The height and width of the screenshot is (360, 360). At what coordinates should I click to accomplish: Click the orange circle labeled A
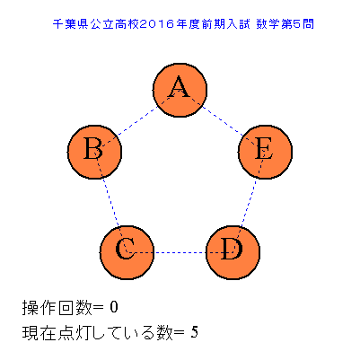(x=180, y=90)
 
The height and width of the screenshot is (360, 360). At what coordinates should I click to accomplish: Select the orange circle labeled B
(x=94, y=152)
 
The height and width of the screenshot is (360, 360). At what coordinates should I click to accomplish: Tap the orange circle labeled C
(x=127, y=252)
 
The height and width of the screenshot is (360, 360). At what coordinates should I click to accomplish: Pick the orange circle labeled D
(x=233, y=252)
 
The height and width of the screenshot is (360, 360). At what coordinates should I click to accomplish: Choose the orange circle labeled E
(x=265, y=152)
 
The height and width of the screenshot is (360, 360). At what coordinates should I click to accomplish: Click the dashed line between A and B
(x=137, y=121)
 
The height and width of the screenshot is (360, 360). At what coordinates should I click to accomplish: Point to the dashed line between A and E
(x=223, y=121)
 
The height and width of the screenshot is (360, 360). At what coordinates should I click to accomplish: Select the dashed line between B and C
(x=110, y=202)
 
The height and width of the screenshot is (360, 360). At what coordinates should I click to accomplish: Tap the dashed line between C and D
(x=180, y=252)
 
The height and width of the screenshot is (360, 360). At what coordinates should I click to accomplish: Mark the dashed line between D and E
(x=249, y=202)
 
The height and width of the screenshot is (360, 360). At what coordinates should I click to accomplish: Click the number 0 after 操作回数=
(x=114, y=307)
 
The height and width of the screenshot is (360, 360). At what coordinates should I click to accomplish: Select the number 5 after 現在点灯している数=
(x=195, y=332)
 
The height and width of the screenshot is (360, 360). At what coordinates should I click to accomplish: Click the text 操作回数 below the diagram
(x=57, y=308)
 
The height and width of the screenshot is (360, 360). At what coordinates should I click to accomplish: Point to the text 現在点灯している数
(x=98, y=333)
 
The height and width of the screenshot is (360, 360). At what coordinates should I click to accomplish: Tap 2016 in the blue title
(x=157, y=24)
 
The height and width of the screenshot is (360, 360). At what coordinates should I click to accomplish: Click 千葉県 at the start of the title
(x=70, y=24)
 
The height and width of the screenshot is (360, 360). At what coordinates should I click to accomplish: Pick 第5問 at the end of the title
(x=297, y=24)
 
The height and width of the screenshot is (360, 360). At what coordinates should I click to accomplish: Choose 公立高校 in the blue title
(x=114, y=24)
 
